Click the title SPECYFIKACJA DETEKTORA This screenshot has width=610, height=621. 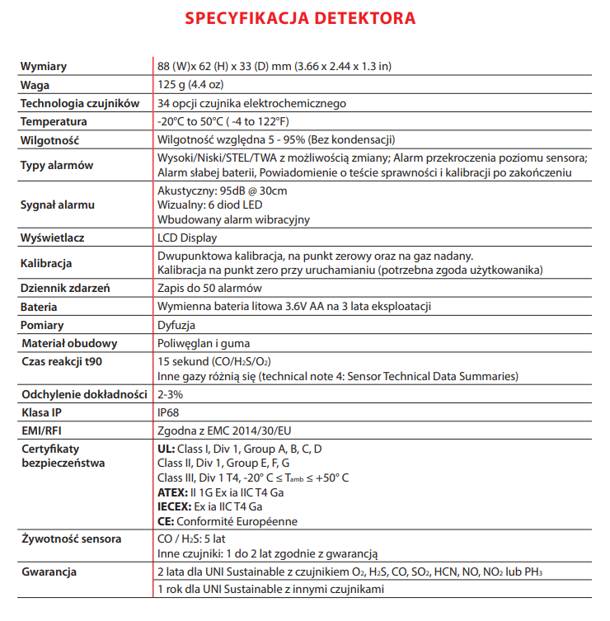tap(300, 17)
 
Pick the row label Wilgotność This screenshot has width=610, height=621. tap(49, 139)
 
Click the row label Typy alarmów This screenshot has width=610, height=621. tap(57, 165)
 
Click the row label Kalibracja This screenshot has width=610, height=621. tap(46, 263)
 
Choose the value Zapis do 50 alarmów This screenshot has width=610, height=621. tap(209, 288)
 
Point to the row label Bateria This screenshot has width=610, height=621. tap(39, 307)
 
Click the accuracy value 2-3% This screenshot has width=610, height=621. tap(171, 393)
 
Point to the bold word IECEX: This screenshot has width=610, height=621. tap(174, 507)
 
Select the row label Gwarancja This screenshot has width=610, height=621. tap(49, 572)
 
